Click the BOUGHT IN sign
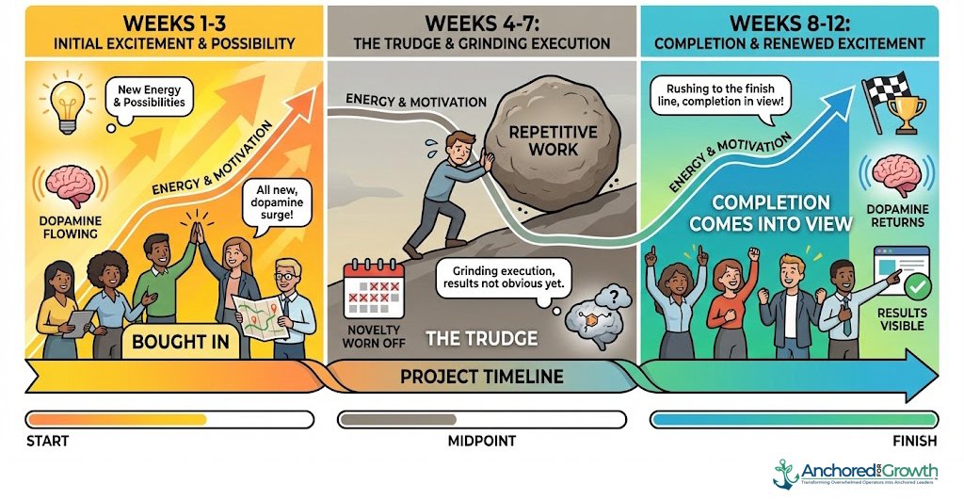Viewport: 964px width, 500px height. pos(181,341)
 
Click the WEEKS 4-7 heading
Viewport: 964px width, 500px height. pos(481,22)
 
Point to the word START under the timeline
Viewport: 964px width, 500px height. pos(48,441)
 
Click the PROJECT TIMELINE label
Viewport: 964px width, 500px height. pos(482,377)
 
